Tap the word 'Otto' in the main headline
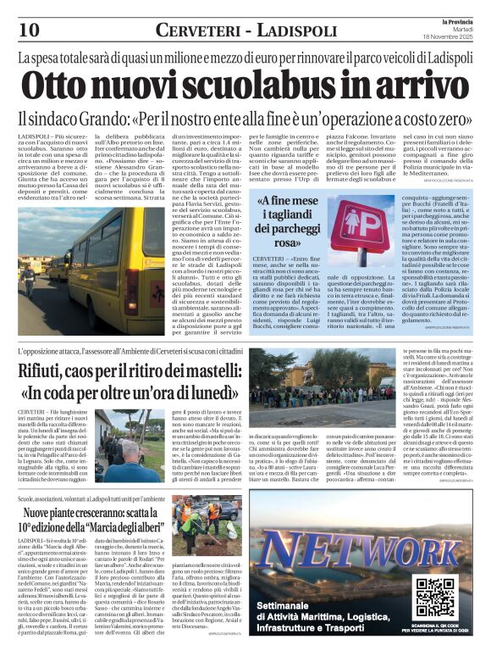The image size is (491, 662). pos(56,88)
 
